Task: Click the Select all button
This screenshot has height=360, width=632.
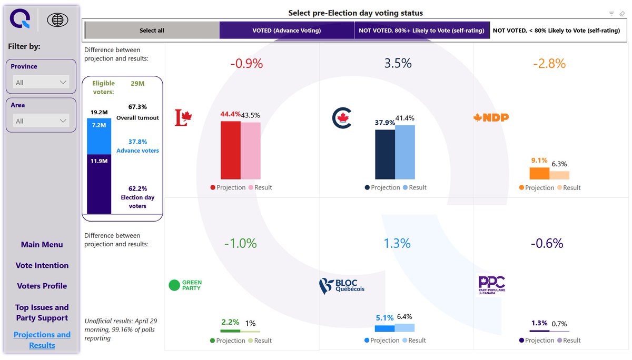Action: [152, 31]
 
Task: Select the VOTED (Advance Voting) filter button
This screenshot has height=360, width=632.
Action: [287, 31]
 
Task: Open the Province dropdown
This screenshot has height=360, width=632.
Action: [41, 82]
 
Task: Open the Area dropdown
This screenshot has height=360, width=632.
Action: [41, 121]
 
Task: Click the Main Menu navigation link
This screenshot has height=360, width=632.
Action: [42, 245]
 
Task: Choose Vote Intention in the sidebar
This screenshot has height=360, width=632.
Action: [42, 266]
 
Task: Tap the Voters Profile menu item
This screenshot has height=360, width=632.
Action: [42, 286]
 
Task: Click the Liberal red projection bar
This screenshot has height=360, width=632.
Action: [230, 151]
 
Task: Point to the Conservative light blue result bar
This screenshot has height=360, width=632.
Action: [405, 152]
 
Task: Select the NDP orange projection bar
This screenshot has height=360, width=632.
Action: [539, 174]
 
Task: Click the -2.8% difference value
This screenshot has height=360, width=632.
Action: [549, 64]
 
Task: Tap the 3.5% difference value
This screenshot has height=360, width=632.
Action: [398, 64]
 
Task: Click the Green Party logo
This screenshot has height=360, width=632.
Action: [185, 285]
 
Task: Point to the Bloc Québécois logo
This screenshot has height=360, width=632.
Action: [341, 286]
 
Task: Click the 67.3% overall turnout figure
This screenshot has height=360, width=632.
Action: [137, 107]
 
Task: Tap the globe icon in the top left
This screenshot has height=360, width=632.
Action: [57, 20]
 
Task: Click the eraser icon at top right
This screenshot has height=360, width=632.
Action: [621, 14]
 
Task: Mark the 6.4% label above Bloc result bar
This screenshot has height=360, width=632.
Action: [404, 317]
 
